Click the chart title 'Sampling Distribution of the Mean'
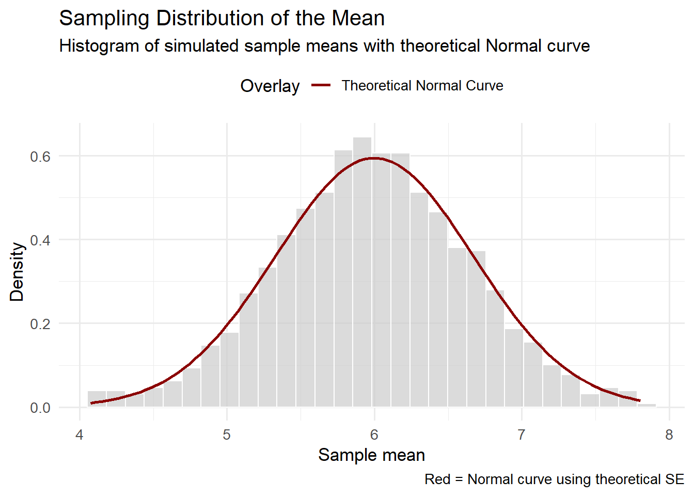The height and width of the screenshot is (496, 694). pos(222,19)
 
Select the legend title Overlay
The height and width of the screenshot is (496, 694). pos(270,86)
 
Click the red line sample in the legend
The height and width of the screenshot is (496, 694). pos(321,86)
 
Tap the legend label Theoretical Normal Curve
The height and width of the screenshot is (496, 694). pos(422,86)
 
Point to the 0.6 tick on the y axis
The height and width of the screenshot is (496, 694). pos(40,157)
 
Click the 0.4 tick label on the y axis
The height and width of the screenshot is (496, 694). pos(40,240)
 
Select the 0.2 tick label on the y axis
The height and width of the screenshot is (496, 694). pos(40,324)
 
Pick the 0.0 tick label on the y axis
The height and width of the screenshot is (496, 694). pos(40,408)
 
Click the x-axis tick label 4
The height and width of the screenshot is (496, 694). pos(80,435)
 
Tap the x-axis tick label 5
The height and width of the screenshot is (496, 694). pos(227,435)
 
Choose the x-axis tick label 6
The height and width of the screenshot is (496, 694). pos(374,435)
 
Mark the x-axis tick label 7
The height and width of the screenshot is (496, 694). pos(522,435)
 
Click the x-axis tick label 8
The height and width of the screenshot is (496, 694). pos(669,435)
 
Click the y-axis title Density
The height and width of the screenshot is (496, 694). pos(17,272)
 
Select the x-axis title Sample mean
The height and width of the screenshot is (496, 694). pos(371,455)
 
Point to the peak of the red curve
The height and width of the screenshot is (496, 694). pos(373,158)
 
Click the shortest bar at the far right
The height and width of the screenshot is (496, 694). pos(647,406)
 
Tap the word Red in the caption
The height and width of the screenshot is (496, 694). pos(437,479)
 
